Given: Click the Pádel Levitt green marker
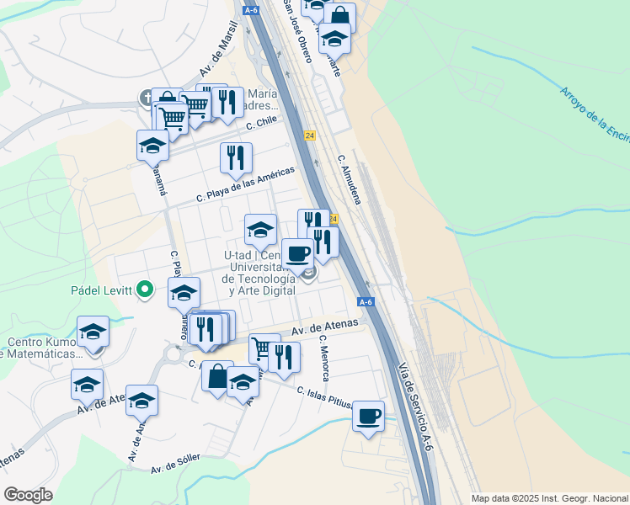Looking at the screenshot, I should tap(145, 290).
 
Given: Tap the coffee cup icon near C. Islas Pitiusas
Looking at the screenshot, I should tap(368, 416).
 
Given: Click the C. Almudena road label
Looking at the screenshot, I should tap(349, 179).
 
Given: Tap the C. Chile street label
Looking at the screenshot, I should tap(261, 123).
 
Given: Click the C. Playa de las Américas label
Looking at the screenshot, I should tap(245, 184).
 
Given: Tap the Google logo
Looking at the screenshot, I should tap(28, 494).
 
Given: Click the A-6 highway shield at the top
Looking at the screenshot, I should tap(251, 10).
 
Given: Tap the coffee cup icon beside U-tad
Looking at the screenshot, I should tap(296, 253).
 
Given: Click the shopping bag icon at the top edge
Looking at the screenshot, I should tap(339, 17).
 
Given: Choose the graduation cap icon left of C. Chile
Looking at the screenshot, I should tap(152, 145).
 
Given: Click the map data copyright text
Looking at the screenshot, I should tap(549, 497).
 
